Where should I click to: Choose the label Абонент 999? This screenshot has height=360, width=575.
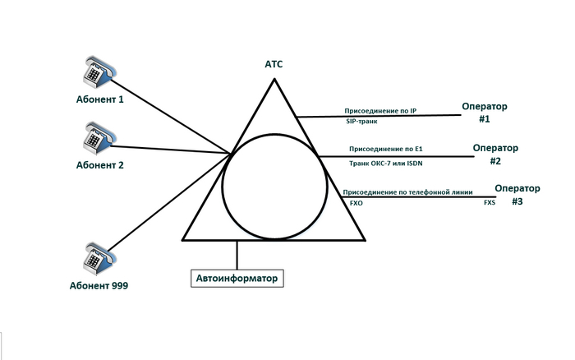pyautogui.click(x=99, y=286)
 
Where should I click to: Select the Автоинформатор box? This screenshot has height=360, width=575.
pyautogui.click(x=238, y=279)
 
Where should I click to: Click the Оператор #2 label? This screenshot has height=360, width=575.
pyautogui.click(x=496, y=155)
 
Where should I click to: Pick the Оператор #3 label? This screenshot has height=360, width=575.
pyautogui.click(x=517, y=194)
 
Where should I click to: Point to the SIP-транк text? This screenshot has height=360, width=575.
pyautogui.click(x=361, y=122)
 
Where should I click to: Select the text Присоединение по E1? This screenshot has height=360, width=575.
pyautogui.click(x=385, y=150)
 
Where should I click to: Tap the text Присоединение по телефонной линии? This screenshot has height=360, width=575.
pyautogui.click(x=407, y=191)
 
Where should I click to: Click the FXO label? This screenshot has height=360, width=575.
pyautogui.click(x=356, y=202)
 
